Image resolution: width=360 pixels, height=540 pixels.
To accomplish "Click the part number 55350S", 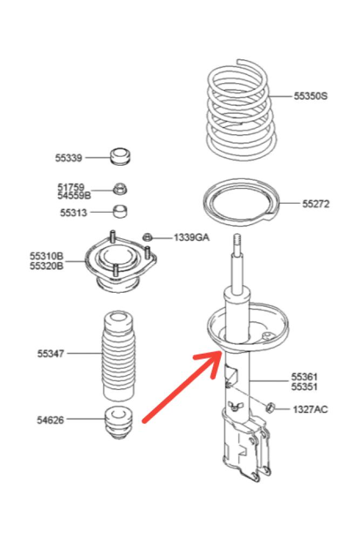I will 310,96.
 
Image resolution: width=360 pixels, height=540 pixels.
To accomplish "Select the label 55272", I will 316,204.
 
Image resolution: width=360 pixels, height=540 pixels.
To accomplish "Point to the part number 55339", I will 68,158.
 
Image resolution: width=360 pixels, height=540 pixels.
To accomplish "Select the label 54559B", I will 74,195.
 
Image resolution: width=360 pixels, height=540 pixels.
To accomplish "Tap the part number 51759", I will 71,187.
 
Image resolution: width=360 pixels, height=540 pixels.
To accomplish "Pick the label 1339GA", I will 191,237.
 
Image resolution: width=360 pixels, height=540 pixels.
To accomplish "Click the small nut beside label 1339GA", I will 149,237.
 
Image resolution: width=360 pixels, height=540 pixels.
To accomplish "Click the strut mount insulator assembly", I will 119,265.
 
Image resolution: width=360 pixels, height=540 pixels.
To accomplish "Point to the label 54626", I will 51,419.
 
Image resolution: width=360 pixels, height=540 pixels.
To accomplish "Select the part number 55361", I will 304,376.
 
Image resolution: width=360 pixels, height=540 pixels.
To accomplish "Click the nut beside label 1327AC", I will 271,407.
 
